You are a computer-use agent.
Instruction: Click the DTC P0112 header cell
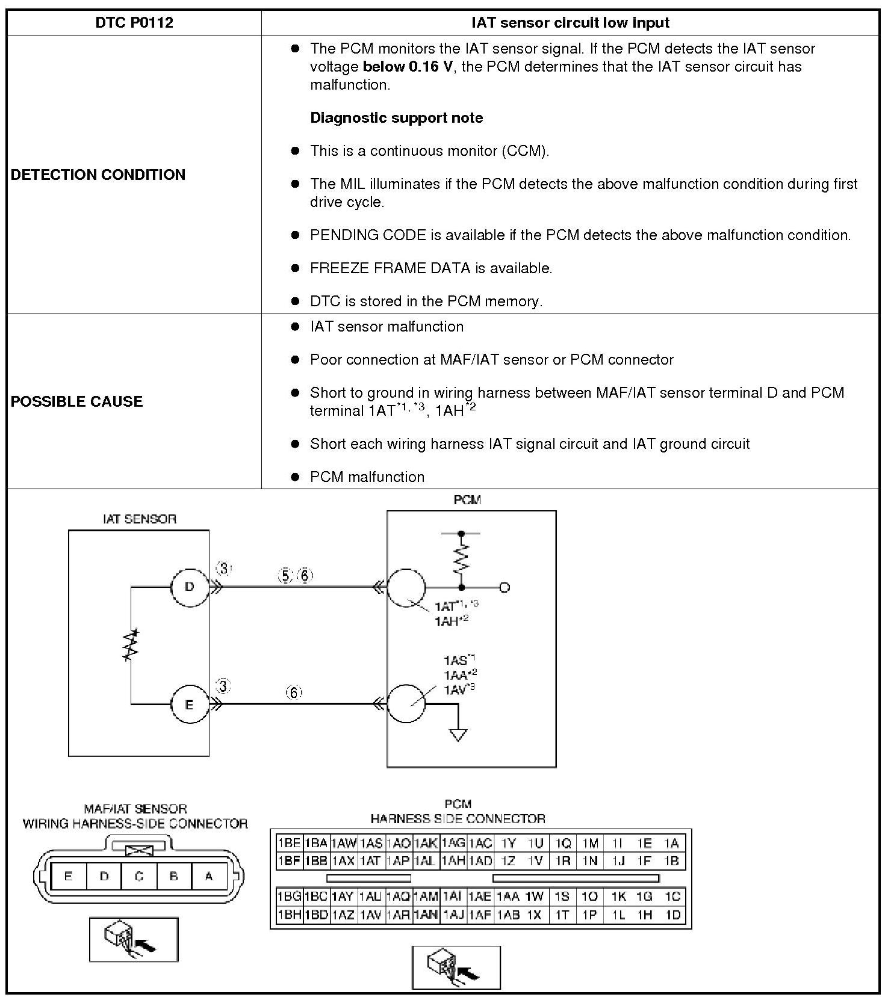click(x=134, y=23)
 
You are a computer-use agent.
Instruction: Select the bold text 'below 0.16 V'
click(x=407, y=66)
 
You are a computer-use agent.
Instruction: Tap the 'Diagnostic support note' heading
click(x=396, y=117)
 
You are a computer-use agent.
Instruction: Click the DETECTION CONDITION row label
click(x=98, y=174)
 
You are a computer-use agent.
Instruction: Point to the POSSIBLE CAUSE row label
click(x=76, y=401)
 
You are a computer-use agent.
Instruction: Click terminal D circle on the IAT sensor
click(x=189, y=587)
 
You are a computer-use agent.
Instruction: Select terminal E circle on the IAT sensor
click(x=189, y=704)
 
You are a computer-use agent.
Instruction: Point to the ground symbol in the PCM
click(x=458, y=735)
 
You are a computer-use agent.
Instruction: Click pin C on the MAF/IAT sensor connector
click(x=139, y=877)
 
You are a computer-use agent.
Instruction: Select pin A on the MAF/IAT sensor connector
click(x=209, y=877)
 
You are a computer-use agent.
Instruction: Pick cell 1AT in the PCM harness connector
click(x=370, y=861)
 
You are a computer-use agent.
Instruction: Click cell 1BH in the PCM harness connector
click(x=289, y=915)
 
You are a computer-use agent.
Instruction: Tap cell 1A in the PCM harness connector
click(x=671, y=844)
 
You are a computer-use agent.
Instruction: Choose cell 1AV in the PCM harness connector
click(x=370, y=915)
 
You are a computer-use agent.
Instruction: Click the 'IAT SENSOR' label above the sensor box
click(x=139, y=519)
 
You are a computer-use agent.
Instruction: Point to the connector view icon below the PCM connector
click(x=456, y=967)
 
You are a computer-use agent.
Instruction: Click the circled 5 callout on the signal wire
click(x=285, y=576)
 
